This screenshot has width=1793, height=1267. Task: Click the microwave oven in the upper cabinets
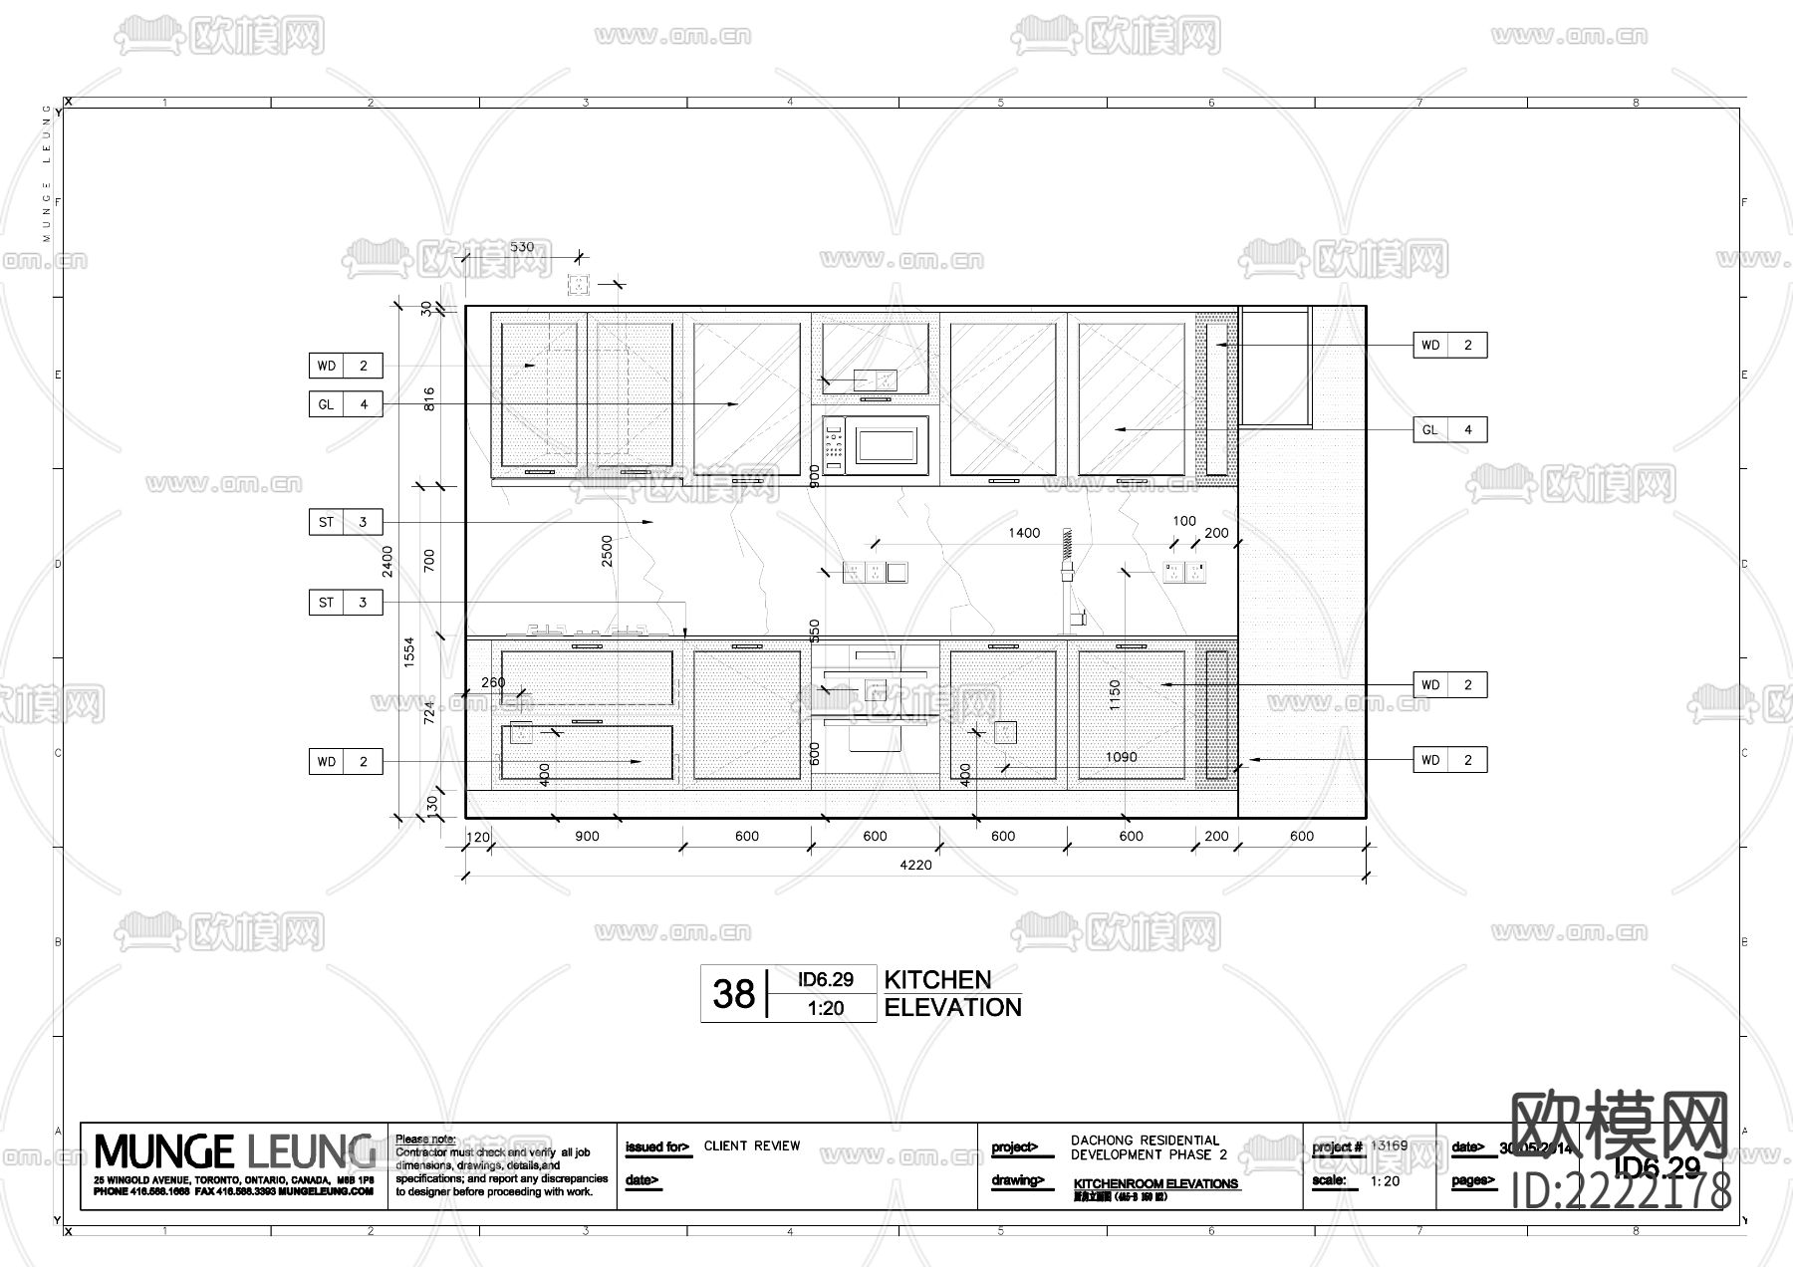pyautogui.click(x=876, y=445)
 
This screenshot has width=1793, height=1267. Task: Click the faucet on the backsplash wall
pyautogui.click(x=1068, y=578)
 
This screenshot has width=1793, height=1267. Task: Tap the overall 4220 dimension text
pyautogui.click(x=915, y=865)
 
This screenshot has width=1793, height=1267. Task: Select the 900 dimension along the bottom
pyautogui.click(x=587, y=836)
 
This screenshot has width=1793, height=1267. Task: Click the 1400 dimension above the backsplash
pyautogui.click(x=1023, y=533)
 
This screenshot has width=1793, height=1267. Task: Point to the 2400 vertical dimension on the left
pyautogui.click(x=387, y=561)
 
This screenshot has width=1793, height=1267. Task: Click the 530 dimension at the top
pyautogui.click(x=521, y=247)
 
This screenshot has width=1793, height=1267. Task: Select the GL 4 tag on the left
pyautogui.click(x=345, y=404)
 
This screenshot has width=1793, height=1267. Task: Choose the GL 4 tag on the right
pyautogui.click(x=1449, y=429)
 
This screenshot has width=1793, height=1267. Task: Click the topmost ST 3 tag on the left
pyautogui.click(x=345, y=522)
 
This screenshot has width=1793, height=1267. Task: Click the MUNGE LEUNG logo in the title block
pyautogui.click(x=235, y=1151)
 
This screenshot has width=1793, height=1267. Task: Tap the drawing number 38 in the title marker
pyautogui.click(x=733, y=993)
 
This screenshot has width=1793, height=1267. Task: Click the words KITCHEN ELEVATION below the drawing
pyautogui.click(x=951, y=993)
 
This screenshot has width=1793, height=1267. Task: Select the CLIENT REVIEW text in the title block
pyautogui.click(x=752, y=1145)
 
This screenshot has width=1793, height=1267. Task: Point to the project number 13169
pyautogui.click(x=1389, y=1145)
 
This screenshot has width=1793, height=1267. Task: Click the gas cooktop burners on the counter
pyautogui.click(x=588, y=630)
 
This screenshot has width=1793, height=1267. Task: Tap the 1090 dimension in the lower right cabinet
pyautogui.click(x=1121, y=757)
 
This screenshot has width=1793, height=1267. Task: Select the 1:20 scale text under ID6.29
pyautogui.click(x=825, y=1008)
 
